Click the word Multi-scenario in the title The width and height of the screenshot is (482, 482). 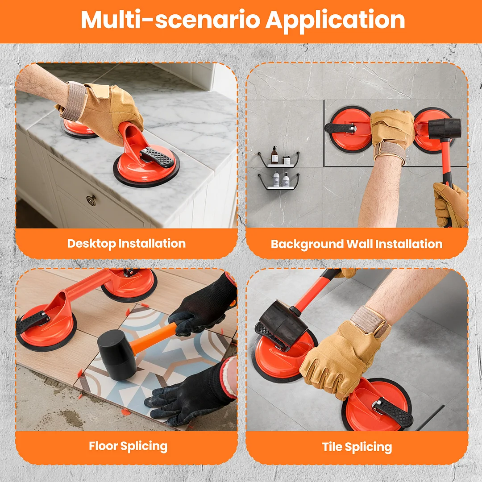(x=170, y=20)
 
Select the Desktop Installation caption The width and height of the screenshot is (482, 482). (x=126, y=244)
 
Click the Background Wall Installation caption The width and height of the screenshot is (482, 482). (x=357, y=244)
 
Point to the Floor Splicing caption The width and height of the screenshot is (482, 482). (x=128, y=446)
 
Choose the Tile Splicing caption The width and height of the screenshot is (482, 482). (x=357, y=447)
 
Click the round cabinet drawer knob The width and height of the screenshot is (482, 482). (x=91, y=200)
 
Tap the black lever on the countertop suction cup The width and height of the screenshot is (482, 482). (x=157, y=157)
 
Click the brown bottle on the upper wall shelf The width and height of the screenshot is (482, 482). (x=274, y=155)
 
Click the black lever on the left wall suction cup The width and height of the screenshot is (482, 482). (x=340, y=128)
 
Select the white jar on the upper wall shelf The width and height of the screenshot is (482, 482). (x=287, y=161)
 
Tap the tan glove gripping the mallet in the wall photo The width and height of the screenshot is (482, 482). (x=451, y=204)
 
